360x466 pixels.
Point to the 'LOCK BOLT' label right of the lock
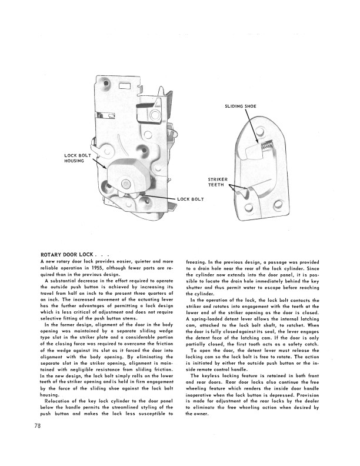point(191,199)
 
